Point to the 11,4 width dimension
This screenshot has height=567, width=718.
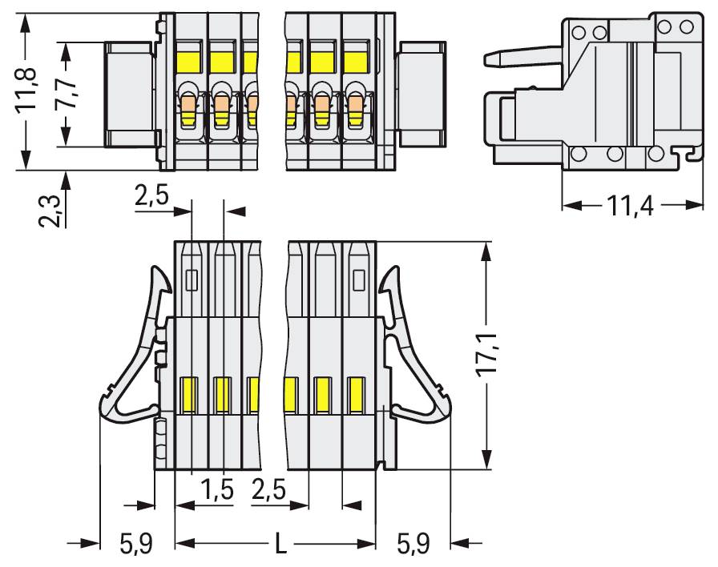coord(630,206)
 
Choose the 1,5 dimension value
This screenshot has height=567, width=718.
coord(216,489)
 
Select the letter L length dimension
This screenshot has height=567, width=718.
coord(279,545)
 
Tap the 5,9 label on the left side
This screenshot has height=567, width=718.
coord(136,545)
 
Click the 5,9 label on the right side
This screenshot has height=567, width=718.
coord(413,545)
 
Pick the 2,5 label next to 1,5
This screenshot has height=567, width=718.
coord(268,489)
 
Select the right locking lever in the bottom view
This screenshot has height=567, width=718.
coord(412,368)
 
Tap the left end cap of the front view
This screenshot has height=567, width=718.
coord(129,94)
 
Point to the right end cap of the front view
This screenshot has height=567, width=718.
coord(422,94)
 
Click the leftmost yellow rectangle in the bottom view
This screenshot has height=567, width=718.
coord(190,394)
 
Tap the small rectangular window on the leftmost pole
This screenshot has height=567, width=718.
coord(191,279)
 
